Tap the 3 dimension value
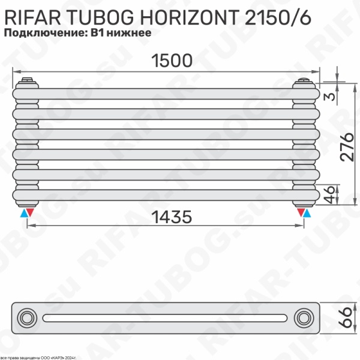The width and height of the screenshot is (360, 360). click(329, 98)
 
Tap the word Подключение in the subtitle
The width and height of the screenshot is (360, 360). click(36, 34)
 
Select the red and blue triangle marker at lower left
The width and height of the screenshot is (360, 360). click(27, 212)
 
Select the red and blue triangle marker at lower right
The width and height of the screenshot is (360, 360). click(303, 212)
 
